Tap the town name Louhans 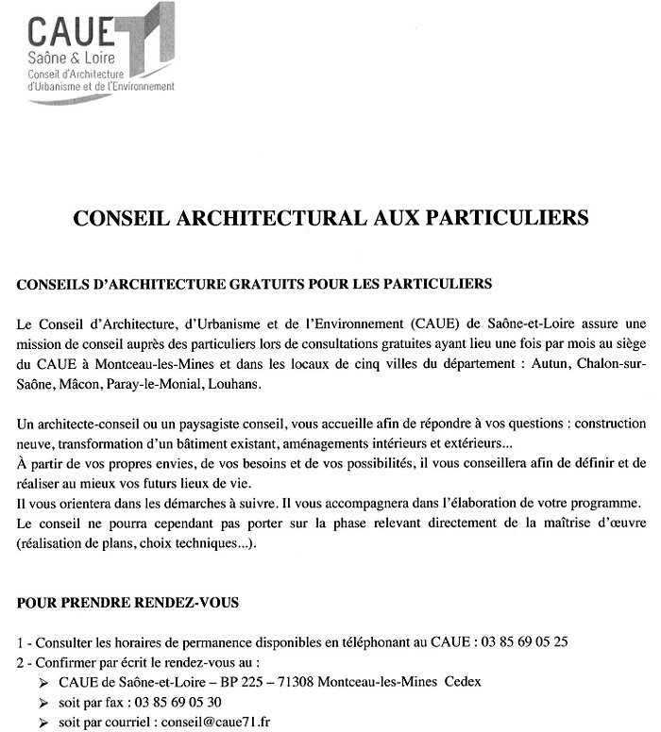(231, 385)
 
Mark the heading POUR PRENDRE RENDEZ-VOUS (114, 601)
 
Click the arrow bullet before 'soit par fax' (44, 704)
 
